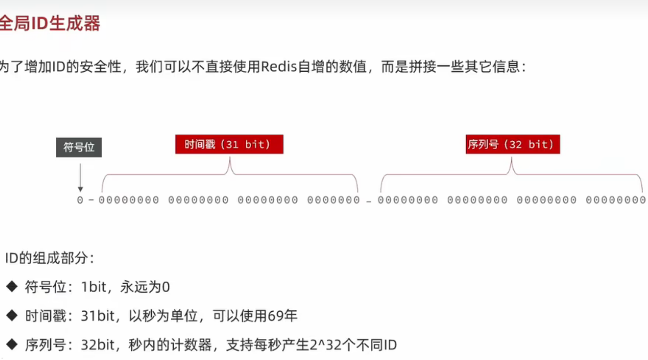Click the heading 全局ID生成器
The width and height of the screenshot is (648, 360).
50,23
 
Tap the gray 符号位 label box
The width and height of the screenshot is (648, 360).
79,147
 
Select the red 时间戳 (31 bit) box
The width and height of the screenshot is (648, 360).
229,144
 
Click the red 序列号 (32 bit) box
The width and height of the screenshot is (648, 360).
513,144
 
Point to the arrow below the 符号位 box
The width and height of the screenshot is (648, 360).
80,177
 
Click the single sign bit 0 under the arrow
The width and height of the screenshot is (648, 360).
80,200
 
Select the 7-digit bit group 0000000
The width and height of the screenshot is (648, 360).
333,200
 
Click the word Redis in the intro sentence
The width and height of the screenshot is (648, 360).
279,67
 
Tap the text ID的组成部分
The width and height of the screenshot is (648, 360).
49,258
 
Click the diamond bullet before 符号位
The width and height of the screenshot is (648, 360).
12,286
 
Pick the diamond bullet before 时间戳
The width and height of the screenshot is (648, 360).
12,315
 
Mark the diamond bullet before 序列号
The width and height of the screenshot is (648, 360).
12,344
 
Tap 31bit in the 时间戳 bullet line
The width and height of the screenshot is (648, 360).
98,316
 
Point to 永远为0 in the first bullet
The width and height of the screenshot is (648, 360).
145,287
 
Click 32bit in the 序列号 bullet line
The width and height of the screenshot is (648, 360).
98,345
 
